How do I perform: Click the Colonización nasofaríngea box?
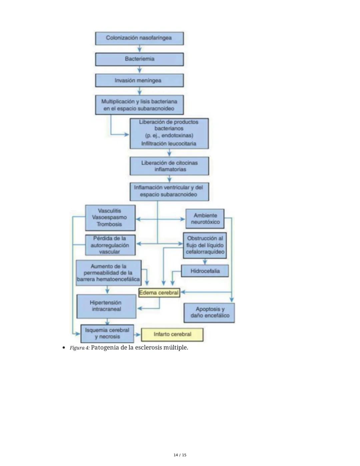(x=139, y=38)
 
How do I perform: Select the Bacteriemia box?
(x=139, y=59)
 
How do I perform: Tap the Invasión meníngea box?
(x=139, y=80)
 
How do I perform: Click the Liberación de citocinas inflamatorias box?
(x=169, y=166)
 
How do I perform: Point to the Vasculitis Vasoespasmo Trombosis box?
(x=110, y=217)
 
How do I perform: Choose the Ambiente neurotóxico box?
(x=205, y=219)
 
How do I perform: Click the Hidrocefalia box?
(x=205, y=271)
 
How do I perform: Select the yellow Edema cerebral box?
(x=159, y=293)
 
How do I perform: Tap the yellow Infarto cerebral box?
(x=172, y=334)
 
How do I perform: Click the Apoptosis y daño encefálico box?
(x=209, y=313)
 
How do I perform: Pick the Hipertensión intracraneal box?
(x=106, y=306)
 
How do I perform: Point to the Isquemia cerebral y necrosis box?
(x=107, y=334)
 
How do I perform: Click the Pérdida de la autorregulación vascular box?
(x=110, y=245)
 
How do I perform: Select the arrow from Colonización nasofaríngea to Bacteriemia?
(x=139, y=49)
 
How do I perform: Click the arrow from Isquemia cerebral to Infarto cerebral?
(x=137, y=334)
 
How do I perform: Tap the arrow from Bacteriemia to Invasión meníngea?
(x=139, y=70)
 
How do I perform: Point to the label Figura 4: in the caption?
(x=80, y=348)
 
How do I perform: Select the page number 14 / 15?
(x=180, y=455)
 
